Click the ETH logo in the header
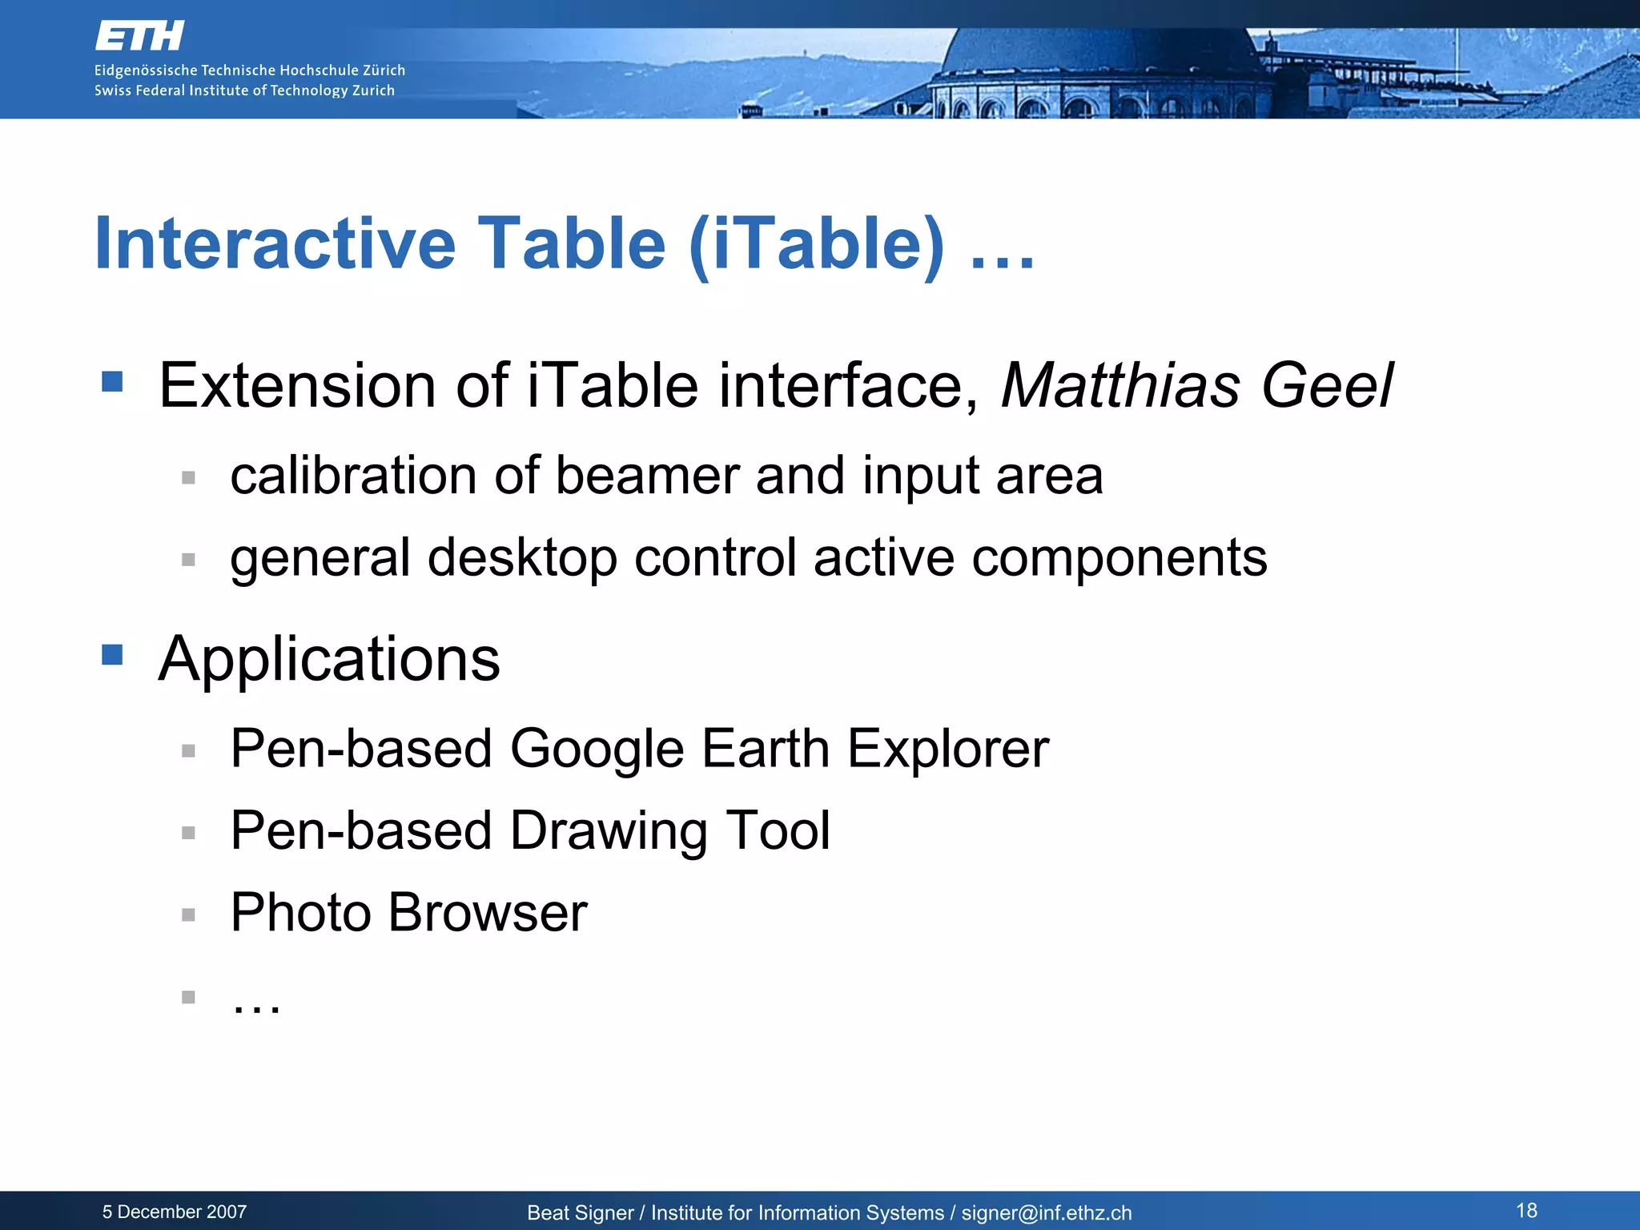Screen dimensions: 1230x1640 click(x=139, y=36)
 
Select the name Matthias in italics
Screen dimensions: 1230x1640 click(x=1119, y=386)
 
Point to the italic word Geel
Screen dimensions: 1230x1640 click(x=1327, y=386)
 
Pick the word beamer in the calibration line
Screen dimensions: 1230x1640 click(x=646, y=476)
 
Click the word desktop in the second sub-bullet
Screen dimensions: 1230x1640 click(x=522, y=558)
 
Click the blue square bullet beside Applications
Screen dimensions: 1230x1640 click(x=112, y=654)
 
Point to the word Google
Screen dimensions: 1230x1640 click(x=597, y=750)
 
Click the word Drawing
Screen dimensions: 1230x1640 click(x=609, y=831)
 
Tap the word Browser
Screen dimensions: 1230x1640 click(x=488, y=913)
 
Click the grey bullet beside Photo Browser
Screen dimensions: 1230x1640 click(x=188, y=914)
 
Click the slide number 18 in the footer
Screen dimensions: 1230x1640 click(x=1526, y=1210)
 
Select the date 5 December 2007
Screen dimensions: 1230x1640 click(x=175, y=1212)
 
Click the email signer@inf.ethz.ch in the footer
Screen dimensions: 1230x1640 click(x=1047, y=1212)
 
